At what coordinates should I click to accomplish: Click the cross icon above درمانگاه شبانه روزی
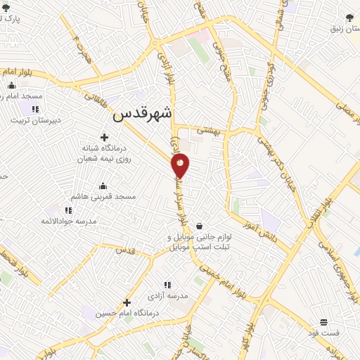[105, 137]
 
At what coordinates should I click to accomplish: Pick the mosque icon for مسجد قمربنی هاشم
[104, 186]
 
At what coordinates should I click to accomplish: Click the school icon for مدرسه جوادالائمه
[67, 210]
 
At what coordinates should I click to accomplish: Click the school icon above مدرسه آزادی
[167, 285]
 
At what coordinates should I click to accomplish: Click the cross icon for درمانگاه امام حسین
[127, 303]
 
